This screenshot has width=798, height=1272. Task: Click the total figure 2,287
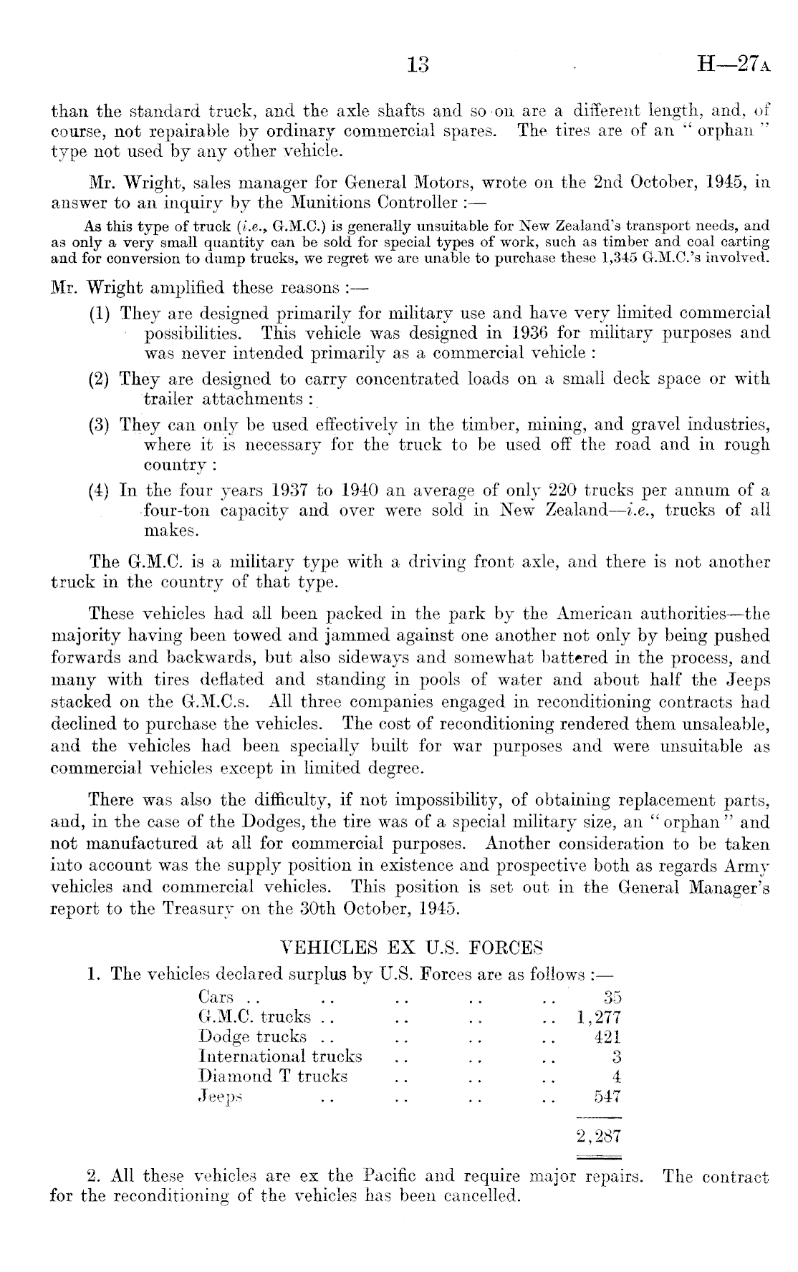[x=599, y=1137]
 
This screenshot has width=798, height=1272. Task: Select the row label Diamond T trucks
[x=272, y=1076]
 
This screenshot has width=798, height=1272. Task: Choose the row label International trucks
[x=280, y=1056]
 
